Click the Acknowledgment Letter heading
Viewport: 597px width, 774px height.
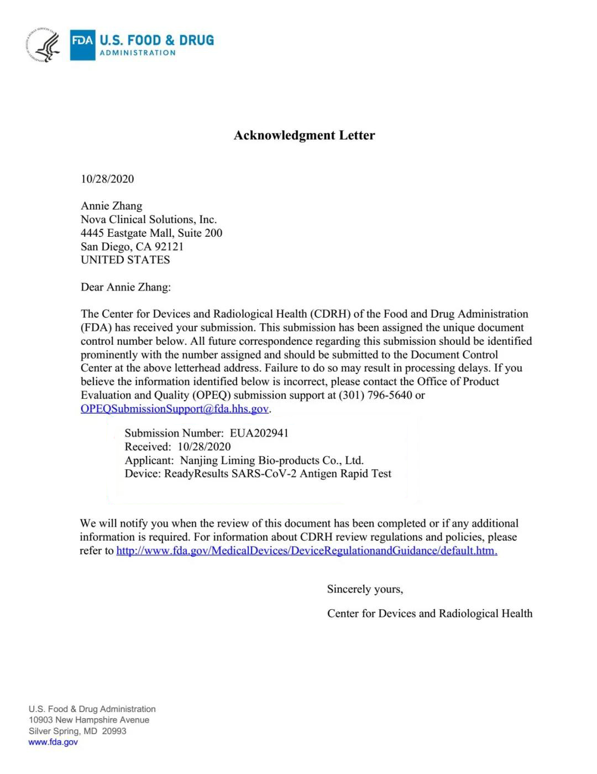pos(304,136)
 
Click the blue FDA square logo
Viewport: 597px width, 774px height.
pos(82,45)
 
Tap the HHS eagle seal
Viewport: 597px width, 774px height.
pos(43,45)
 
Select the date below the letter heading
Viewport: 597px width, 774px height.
pos(107,179)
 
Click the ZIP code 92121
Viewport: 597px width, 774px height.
pos(169,247)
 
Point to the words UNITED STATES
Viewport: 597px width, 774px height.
pos(125,260)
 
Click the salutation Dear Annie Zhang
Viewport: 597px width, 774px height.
pos(125,287)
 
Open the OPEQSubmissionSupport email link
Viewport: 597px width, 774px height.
pos(175,409)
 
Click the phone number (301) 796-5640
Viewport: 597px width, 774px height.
pos(375,395)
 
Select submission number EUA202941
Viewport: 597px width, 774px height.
pos(259,433)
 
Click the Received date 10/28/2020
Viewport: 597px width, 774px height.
pos(204,447)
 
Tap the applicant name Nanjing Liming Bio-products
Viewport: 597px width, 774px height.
pos(271,460)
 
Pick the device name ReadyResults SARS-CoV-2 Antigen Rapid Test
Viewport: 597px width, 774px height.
pos(277,474)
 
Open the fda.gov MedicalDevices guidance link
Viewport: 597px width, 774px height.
pos(307,550)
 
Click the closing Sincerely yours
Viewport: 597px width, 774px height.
pos(365,589)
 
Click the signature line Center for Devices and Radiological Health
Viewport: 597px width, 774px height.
pos(430,614)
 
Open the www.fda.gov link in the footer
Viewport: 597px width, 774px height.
pos(53,742)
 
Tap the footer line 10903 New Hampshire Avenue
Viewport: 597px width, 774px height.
pos(89,720)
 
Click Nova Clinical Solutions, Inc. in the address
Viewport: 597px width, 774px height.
pos(149,220)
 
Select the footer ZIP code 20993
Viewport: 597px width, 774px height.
pos(114,731)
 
